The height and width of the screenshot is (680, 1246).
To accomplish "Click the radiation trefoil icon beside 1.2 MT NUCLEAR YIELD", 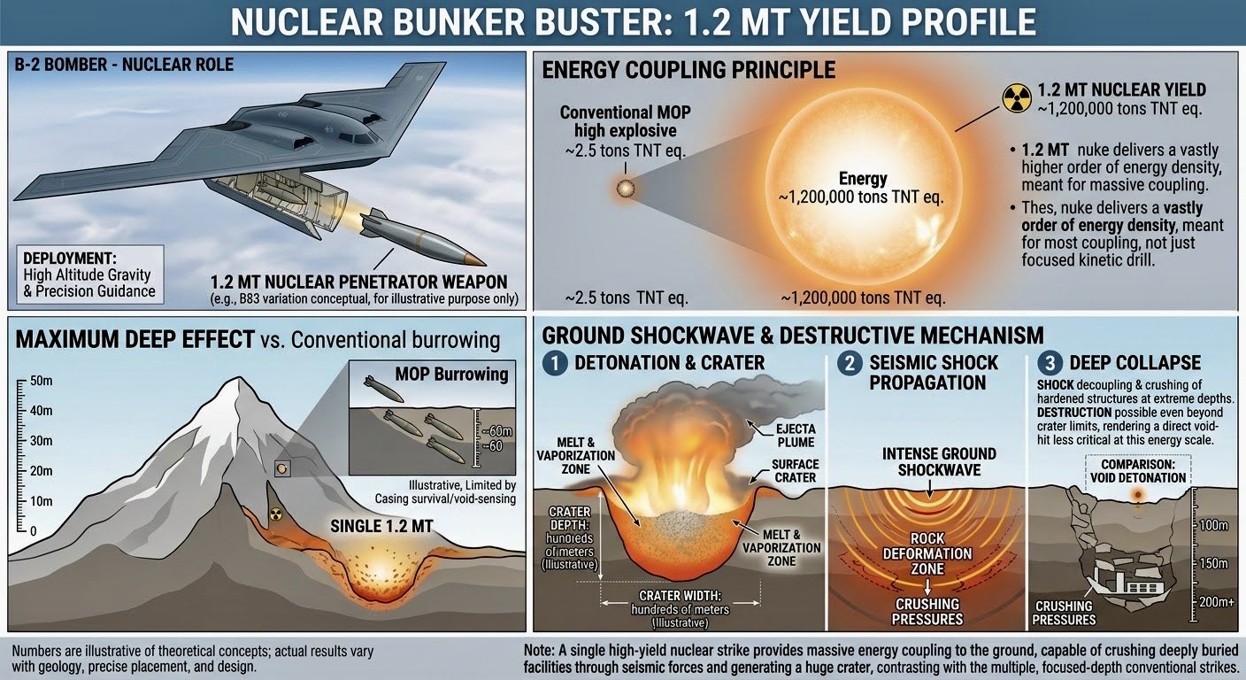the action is pyautogui.click(x=1017, y=98).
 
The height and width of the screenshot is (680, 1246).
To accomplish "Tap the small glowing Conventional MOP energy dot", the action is pyautogui.click(x=626, y=188).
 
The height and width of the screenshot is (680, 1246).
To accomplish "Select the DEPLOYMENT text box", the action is pyautogui.click(x=90, y=274).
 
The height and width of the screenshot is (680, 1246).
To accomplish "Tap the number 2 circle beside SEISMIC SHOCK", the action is pyautogui.click(x=850, y=363).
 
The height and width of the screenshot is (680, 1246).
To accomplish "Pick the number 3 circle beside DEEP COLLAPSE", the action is pyautogui.click(x=1050, y=363).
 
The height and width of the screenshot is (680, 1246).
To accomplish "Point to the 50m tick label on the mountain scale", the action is pyautogui.click(x=42, y=382).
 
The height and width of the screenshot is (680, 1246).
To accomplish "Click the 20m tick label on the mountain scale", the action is pyautogui.click(x=42, y=471).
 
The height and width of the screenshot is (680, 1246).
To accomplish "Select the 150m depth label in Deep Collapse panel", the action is pyautogui.click(x=1213, y=563).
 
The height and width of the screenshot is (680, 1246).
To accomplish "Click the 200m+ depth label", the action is pyautogui.click(x=1217, y=601).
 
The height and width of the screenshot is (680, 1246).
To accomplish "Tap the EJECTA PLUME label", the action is pyautogui.click(x=796, y=436).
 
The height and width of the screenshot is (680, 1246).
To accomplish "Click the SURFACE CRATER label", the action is pyautogui.click(x=796, y=471).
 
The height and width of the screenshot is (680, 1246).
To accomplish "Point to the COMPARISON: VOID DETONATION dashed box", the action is pyautogui.click(x=1138, y=471).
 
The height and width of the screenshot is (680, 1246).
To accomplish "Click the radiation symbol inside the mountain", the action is pyautogui.click(x=276, y=514).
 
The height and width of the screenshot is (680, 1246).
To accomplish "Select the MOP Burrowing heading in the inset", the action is pyautogui.click(x=451, y=374).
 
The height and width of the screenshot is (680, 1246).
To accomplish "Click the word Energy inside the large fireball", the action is pyautogui.click(x=863, y=179).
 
